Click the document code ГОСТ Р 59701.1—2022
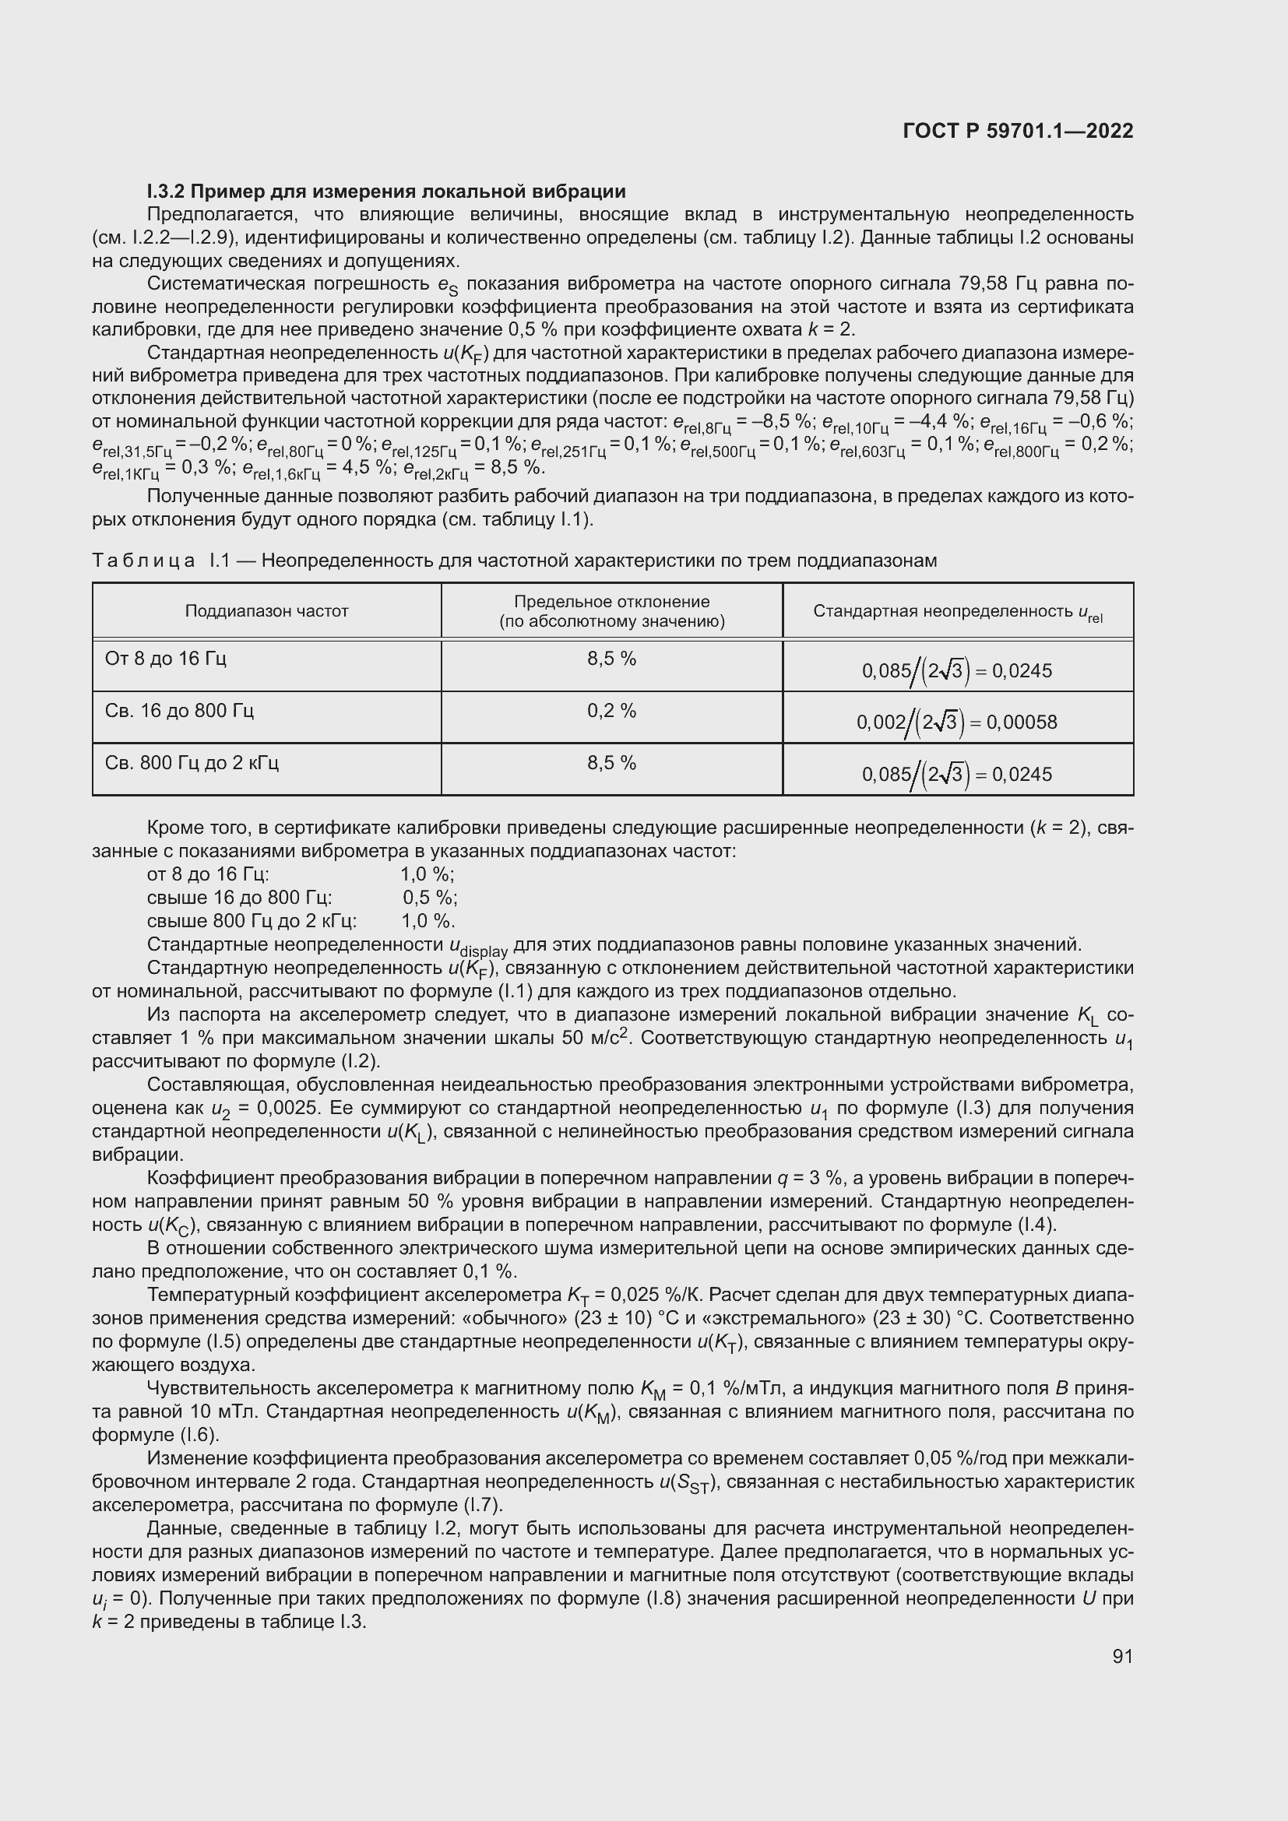1018,131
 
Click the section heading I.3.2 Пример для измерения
386,192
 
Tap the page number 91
1122,1656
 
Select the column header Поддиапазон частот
266,610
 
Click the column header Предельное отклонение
611,611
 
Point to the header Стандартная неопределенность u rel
957,611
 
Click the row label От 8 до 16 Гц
166,659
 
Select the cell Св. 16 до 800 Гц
179,711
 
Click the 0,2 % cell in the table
611,711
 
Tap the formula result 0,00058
1024,722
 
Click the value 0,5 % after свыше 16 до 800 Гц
430,898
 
